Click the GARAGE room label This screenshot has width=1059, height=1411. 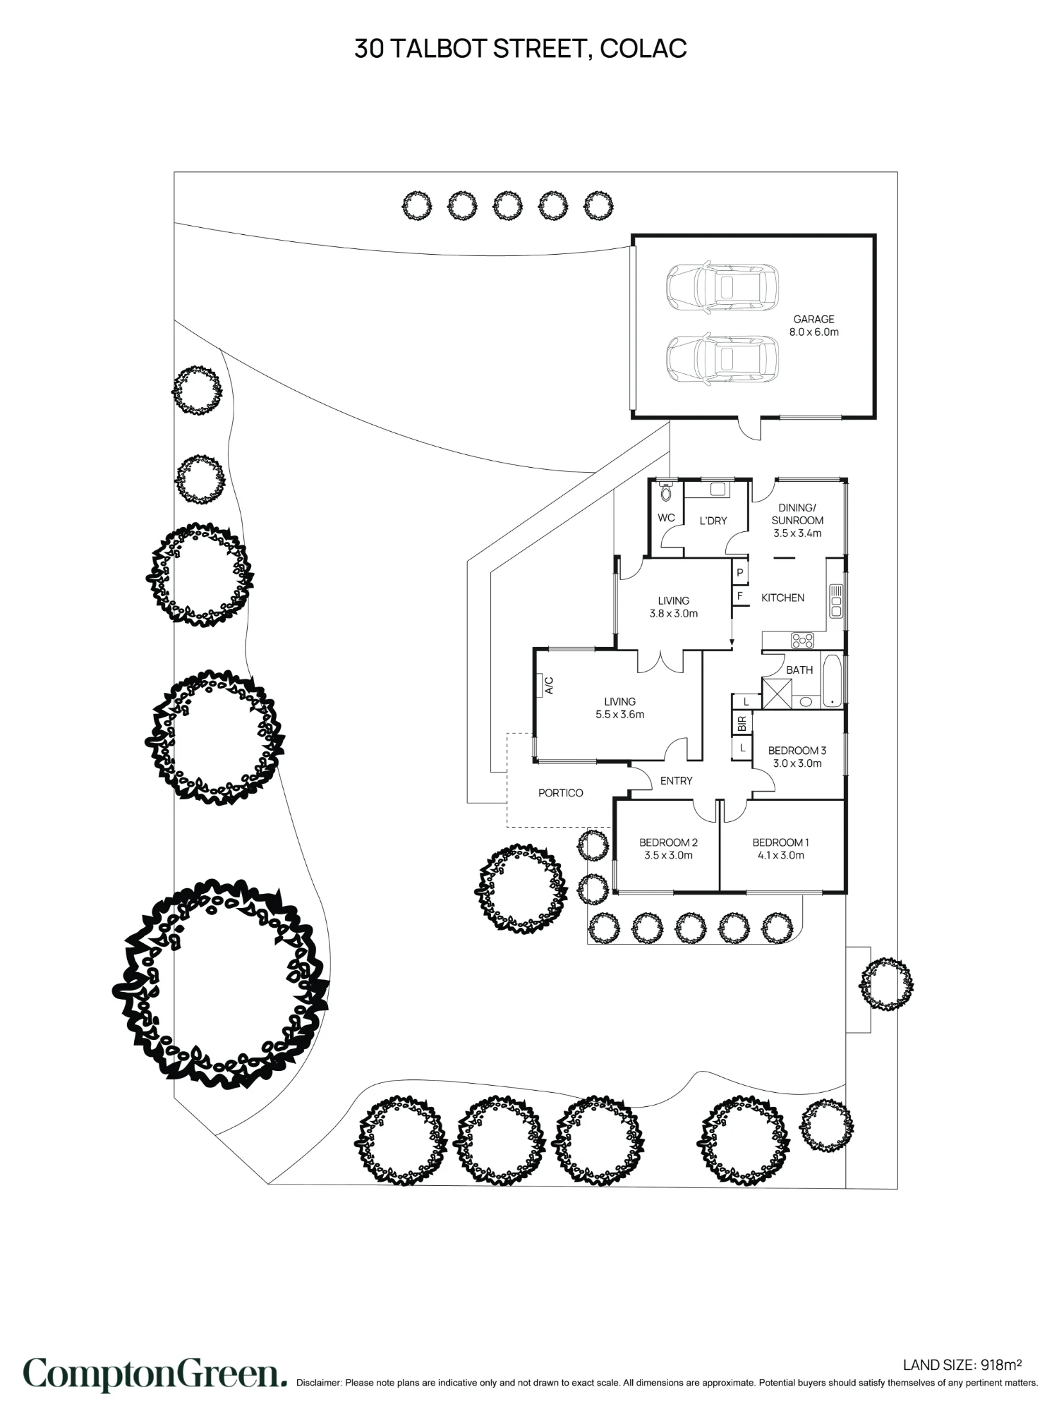(x=813, y=320)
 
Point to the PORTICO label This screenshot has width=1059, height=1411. (x=560, y=793)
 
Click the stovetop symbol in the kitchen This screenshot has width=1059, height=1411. (x=802, y=641)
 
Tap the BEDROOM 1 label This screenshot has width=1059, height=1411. (x=780, y=842)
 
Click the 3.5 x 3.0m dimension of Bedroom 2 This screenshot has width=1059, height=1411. (x=668, y=855)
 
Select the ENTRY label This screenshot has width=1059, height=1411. (x=676, y=780)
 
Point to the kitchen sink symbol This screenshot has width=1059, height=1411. (x=836, y=600)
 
